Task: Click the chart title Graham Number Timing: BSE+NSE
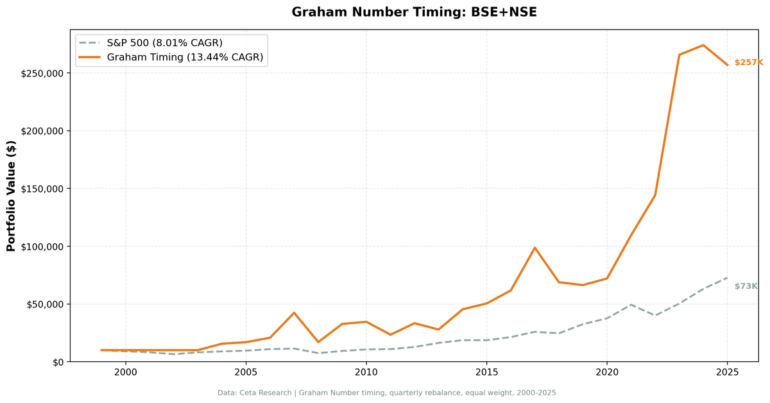414,12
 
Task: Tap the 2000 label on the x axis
125,372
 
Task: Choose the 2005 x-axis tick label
246,372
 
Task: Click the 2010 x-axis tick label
366,372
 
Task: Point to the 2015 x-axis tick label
486,372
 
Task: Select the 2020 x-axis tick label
607,372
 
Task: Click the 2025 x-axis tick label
727,372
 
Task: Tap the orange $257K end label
748,62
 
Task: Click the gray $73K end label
746,286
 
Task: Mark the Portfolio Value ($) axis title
12,196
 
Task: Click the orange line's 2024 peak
703,45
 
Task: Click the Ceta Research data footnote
386,393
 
